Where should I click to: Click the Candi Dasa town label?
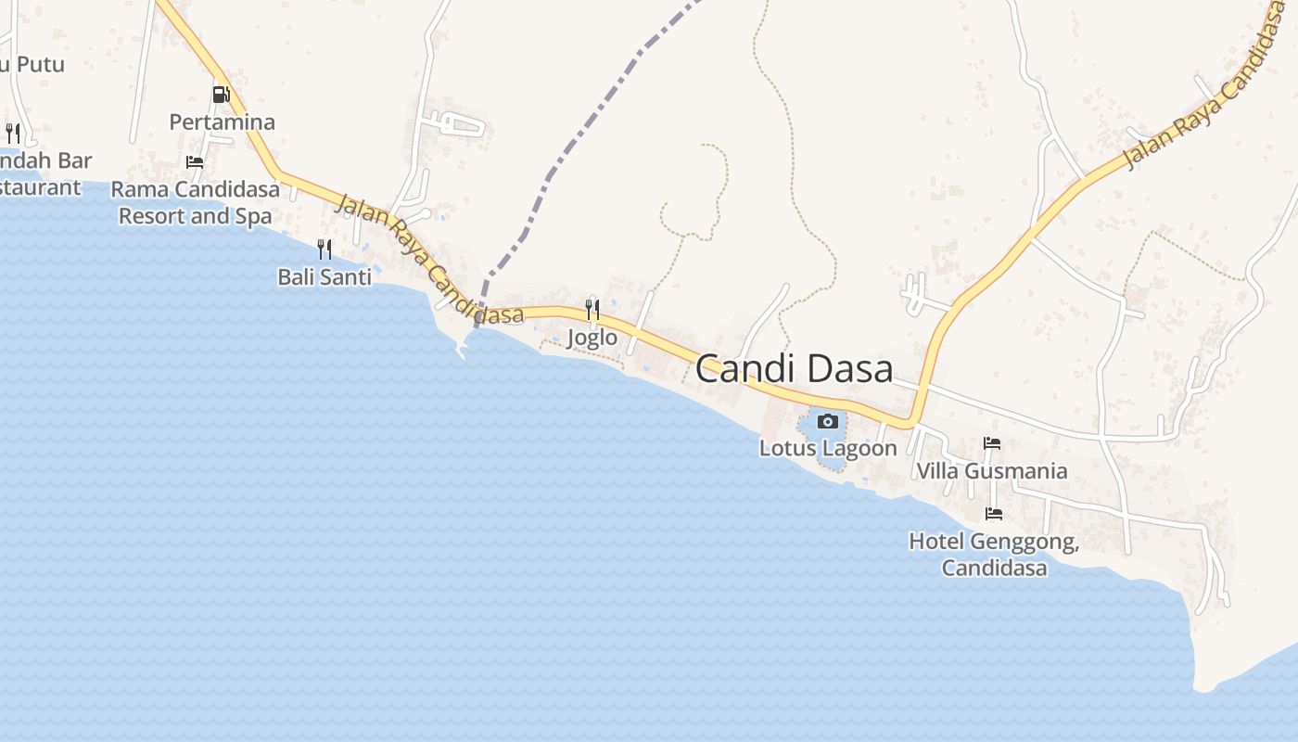(x=794, y=369)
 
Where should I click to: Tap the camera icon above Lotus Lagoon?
(x=828, y=422)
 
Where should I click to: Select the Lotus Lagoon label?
(x=828, y=449)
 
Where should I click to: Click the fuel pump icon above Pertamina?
(x=221, y=95)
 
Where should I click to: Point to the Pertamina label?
(x=222, y=122)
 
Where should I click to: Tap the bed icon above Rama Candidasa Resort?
(x=195, y=161)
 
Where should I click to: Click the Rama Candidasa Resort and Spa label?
(x=195, y=203)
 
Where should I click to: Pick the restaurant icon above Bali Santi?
(x=324, y=249)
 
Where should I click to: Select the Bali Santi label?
(x=324, y=276)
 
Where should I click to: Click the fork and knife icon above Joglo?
(x=592, y=309)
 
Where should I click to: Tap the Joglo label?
(x=592, y=338)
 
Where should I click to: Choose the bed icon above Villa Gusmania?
(x=992, y=443)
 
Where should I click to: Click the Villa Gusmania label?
(x=991, y=471)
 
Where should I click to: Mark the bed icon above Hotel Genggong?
(x=994, y=513)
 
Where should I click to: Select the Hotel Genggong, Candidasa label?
(x=994, y=554)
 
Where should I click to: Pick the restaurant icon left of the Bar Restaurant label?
(x=13, y=133)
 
